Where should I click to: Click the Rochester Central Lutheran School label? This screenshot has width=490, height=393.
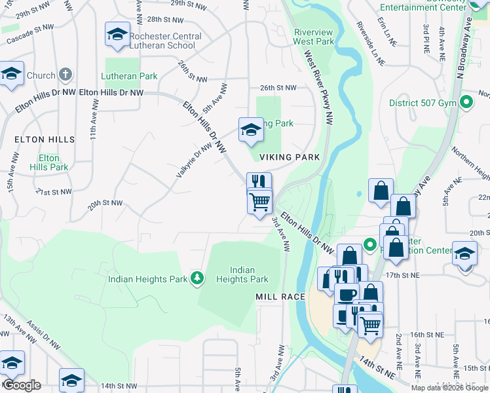[162, 41]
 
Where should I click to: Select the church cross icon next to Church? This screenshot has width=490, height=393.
[66, 75]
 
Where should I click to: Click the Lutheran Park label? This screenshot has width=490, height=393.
[130, 76]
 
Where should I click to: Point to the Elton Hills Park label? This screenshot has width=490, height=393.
[49, 162]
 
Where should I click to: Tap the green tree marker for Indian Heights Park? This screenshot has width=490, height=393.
[197, 279]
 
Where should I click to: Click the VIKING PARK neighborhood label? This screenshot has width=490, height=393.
[290, 157]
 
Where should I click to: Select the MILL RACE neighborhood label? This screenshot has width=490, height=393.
[280, 297]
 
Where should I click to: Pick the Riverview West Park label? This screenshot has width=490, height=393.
[314, 37]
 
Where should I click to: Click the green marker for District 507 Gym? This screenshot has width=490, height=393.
[466, 102]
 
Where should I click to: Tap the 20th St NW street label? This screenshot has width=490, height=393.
[106, 204]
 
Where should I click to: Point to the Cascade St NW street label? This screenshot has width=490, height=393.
[29, 36]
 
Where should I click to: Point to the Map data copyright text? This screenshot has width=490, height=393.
[450, 388]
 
